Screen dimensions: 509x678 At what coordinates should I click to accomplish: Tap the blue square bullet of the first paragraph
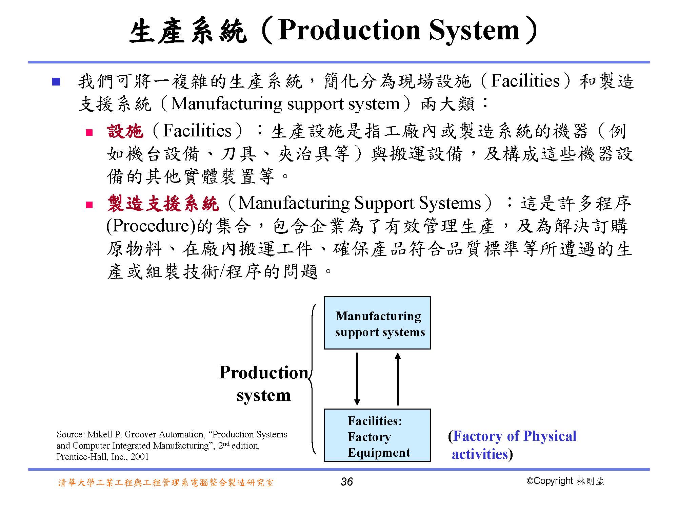tap(56, 82)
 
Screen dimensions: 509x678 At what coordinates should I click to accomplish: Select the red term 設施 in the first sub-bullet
tap(125, 131)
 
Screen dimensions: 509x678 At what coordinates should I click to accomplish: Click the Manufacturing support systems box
tap(377, 323)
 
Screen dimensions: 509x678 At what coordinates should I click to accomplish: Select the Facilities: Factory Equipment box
tap(377, 435)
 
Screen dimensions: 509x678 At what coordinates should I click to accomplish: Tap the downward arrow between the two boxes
tap(357, 379)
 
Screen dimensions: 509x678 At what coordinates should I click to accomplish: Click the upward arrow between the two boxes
tap(398, 379)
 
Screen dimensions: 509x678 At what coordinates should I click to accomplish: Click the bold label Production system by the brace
tap(264, 383)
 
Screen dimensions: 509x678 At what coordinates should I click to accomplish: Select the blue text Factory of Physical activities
tap(513, 445)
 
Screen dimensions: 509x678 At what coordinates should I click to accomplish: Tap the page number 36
tap(347, 482)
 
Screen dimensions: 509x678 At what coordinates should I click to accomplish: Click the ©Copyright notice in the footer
tap(565, 481)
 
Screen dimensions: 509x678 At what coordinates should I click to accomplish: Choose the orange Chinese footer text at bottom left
tap(166, 482)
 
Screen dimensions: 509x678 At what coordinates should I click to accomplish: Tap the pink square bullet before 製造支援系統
tap(89, 205)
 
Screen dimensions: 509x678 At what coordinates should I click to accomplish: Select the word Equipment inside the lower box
tap(379, 453)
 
